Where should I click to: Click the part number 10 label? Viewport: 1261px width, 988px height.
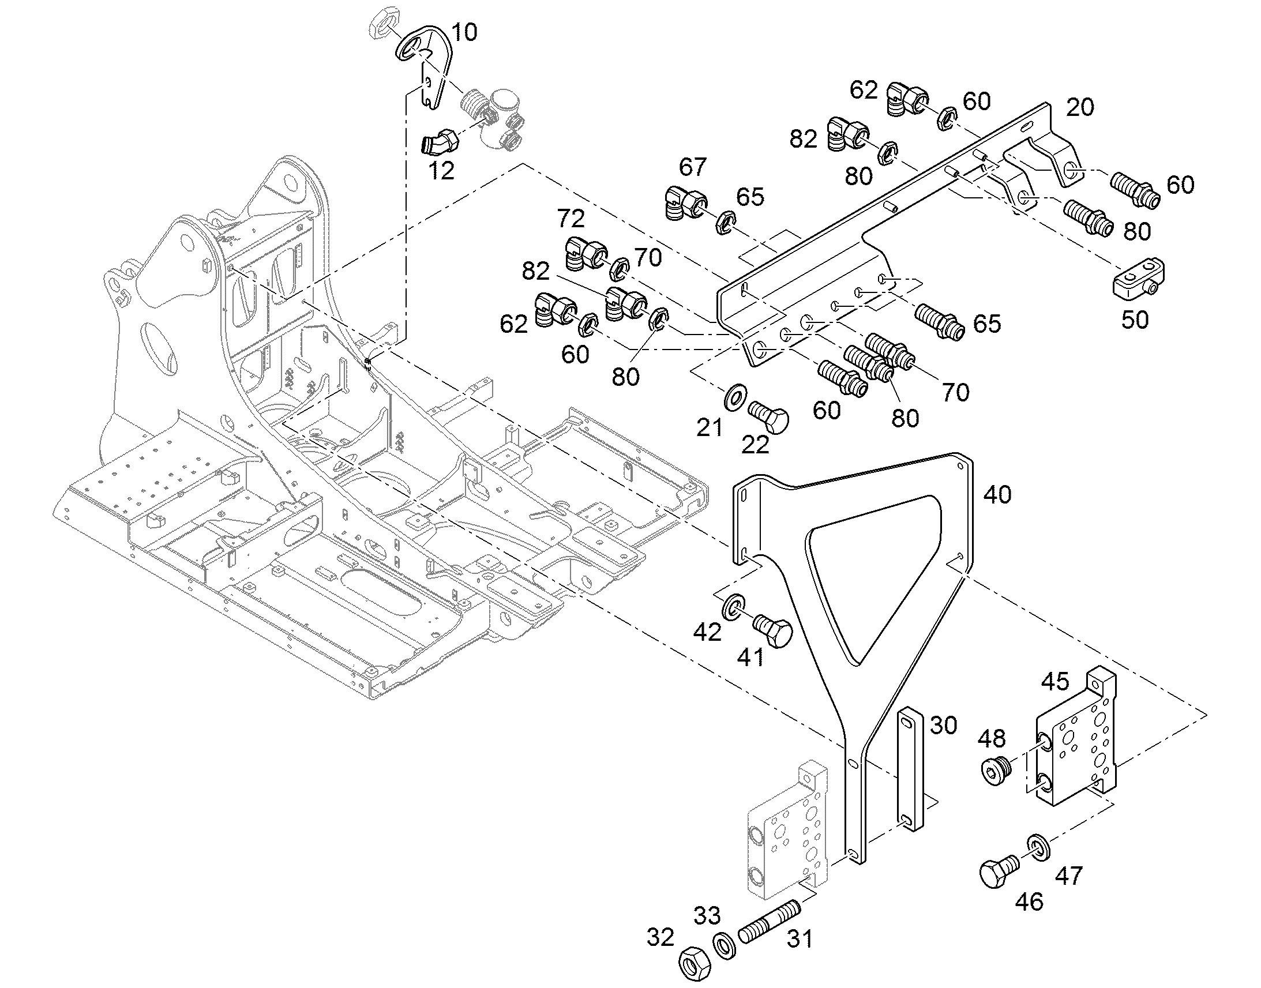click(464, 32)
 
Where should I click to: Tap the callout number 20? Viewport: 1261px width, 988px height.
click(1079, 107)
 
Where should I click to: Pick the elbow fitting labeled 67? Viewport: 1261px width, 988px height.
click(684, 204)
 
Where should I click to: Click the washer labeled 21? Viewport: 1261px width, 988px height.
click(734, 397)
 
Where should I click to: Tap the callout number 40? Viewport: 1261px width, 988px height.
click(997, 495)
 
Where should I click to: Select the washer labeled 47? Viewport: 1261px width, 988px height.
click(1039, 847)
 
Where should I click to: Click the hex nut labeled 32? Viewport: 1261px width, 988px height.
click(694, 964)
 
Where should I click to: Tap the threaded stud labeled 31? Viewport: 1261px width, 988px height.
click(770, 921)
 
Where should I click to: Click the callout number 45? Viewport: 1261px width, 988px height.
click(1055, 681)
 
